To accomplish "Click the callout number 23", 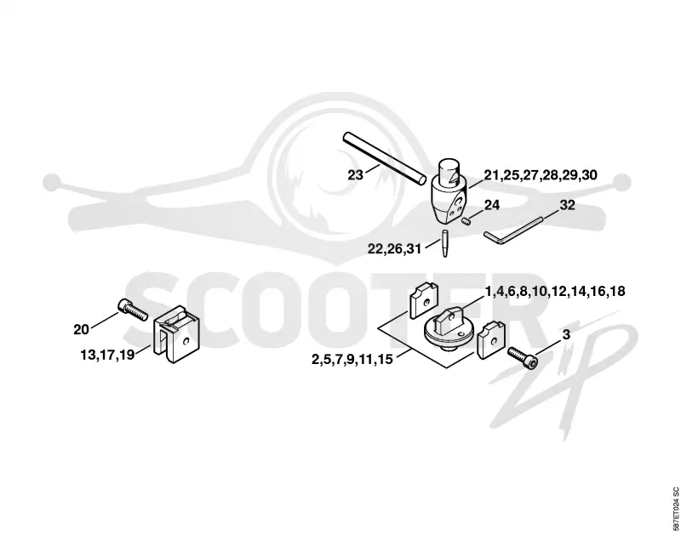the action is click(355, 175).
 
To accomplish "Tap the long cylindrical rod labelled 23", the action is click(385, 158).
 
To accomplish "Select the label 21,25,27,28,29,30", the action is click(541, 175).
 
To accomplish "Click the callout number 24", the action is click(492, 205).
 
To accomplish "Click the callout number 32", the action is click(567, 205).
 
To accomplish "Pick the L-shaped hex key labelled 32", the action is click(512, 231).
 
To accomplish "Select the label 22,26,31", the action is click(394, 249).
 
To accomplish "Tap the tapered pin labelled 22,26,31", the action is click(444, 243).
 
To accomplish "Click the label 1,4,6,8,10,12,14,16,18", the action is click(555, 291).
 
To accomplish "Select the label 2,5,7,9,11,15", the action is click(352, 359).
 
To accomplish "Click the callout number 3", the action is click(566, 334).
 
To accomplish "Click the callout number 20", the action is click(81, 330).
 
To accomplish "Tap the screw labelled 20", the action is click(133, 310).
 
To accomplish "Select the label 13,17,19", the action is click(107, 355).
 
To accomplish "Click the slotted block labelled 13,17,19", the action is click(177, 334).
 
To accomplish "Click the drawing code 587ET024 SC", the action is click(675, 508).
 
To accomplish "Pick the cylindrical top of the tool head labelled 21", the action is click(449, 170).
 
